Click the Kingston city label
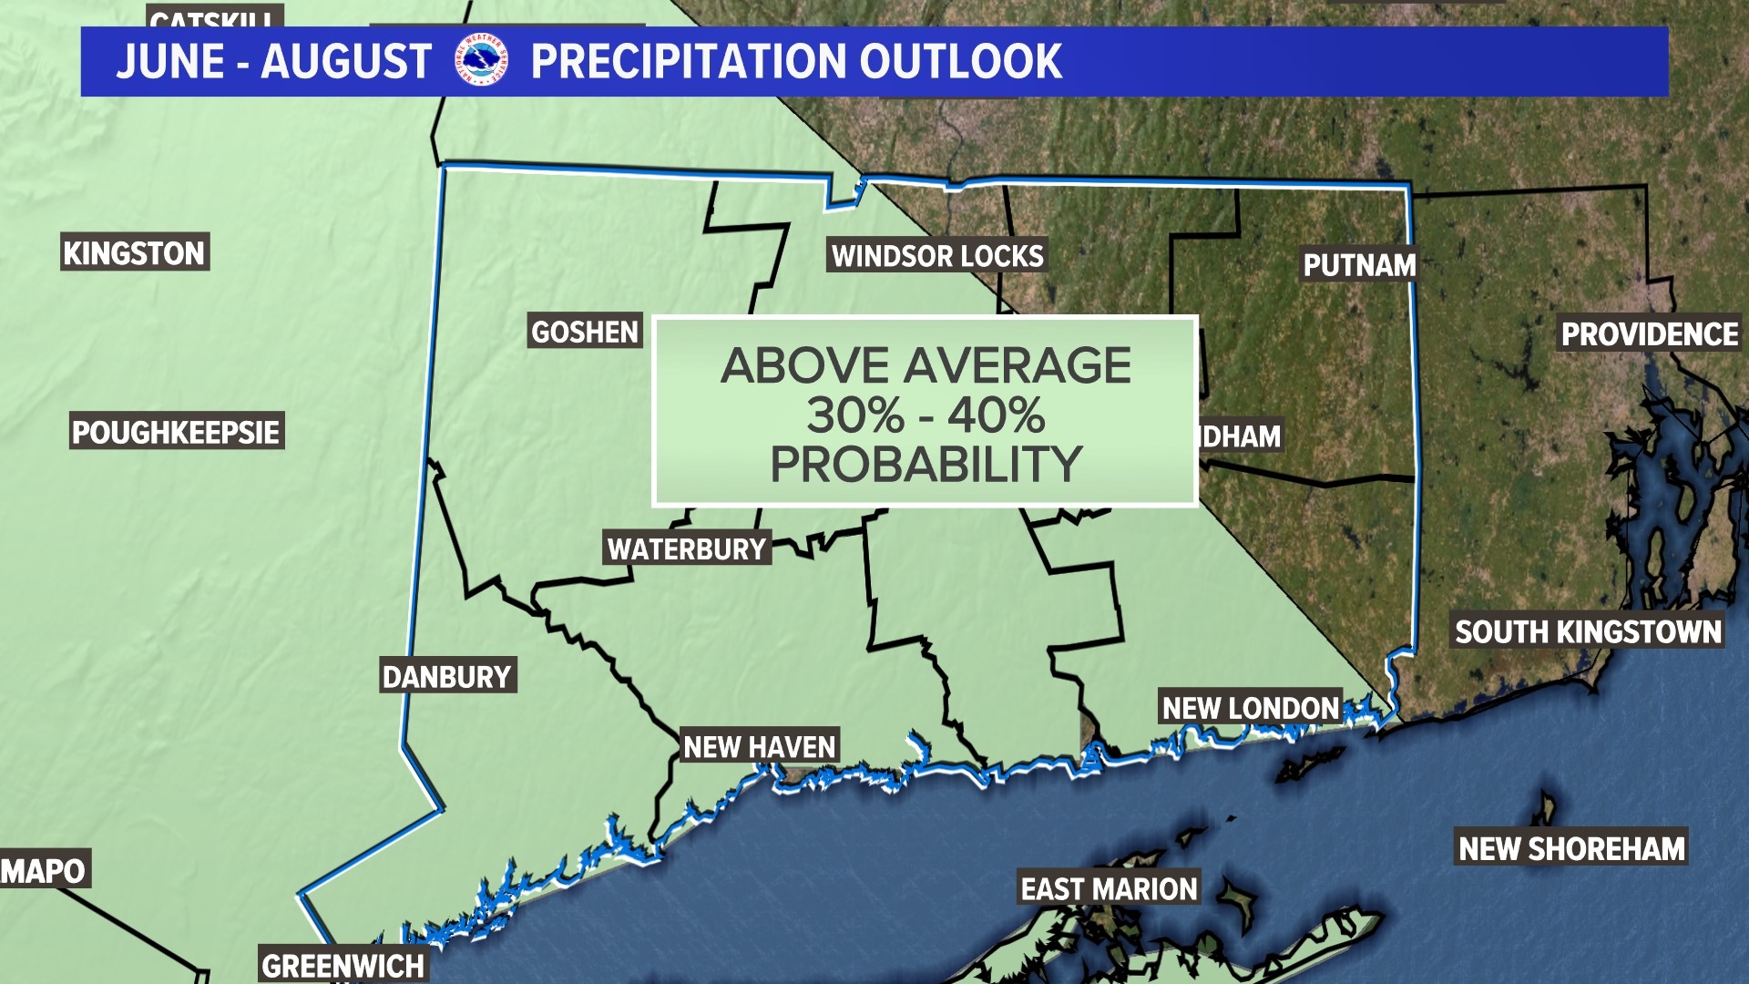tap(134, 253)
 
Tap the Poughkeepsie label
tap(176, 432)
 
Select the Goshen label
tap(585, 333)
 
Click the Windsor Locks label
tap(937, 256)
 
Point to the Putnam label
tap(1359, 265)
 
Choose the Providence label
tap(1650, 334)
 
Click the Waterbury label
tap(687, 549)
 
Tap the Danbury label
tap(447, 677)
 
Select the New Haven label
tap(759, 747)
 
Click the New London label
tap(1250, 708)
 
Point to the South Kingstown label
tap(1588, 631)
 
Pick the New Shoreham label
tap(1571, 848)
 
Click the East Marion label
tap(1109, 888)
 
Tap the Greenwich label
tap(343, 965)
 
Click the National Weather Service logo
tap(480, 60)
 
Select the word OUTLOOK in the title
tap(960, 62)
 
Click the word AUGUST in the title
tap(346, 62)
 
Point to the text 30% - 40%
tap(925, 415)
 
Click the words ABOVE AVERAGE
tap(925, 366)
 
